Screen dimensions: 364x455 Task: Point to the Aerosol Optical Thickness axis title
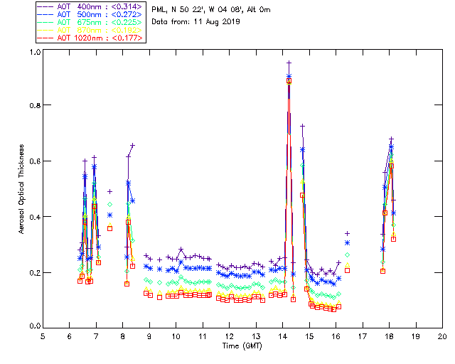click(22, 189)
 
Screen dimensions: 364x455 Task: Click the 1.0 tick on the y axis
click(34, 52)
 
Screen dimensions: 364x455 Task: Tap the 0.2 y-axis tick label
click(34, 272)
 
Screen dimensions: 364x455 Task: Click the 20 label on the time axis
click(442, 336)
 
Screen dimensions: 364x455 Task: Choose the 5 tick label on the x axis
click(43, 336)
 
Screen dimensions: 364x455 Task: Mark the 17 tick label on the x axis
click(363, 336)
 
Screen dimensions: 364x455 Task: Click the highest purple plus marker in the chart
click(289, 63)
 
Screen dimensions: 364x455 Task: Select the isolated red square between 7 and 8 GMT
click(109, 228)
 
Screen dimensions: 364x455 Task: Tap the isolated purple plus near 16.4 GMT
click(347, 233)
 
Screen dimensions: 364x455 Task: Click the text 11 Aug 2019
click(215, 22)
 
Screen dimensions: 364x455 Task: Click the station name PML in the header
click(160, 9)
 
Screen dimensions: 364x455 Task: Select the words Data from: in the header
click(169, 22)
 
